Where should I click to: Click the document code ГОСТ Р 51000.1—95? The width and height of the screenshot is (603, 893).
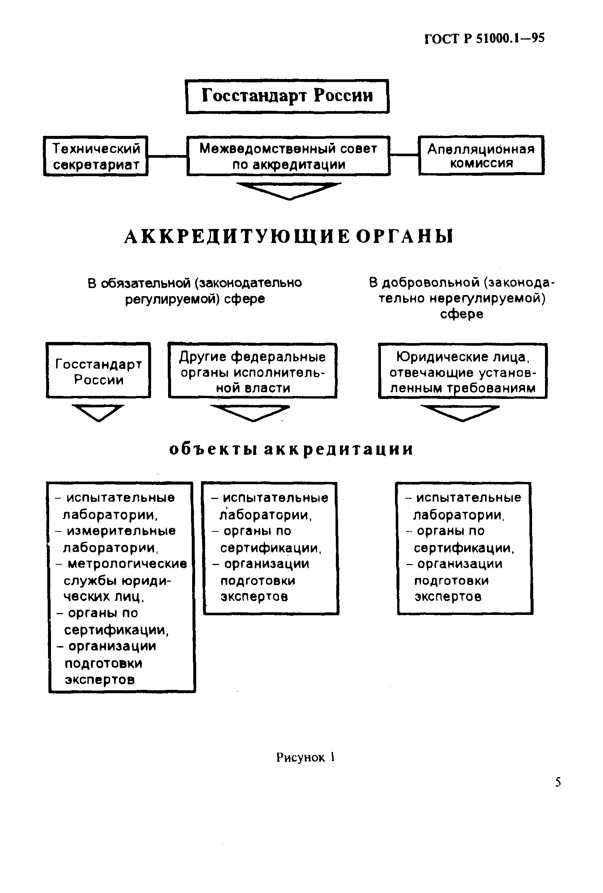(x=484, y=38)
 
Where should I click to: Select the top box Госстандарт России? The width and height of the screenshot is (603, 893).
(x=287, y=96)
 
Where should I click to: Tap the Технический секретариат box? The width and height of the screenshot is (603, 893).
(x=96, y=156)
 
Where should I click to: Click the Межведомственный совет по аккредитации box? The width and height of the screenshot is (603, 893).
(x=288, y=156)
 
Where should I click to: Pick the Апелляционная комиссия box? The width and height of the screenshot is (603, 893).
(x=481, y=155)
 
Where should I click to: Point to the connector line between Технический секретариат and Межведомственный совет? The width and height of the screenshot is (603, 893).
(x=167, y=156)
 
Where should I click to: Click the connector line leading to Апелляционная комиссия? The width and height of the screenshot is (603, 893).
(x=404, y=155)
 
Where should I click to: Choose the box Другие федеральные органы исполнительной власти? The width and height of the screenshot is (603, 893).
(x=252, y=371)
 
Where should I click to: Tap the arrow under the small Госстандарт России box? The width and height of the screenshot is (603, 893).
(x=98, y=412)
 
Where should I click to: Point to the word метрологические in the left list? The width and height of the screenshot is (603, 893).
(x=127, y=564)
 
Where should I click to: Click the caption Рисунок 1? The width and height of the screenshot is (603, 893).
(x=305, y=757)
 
